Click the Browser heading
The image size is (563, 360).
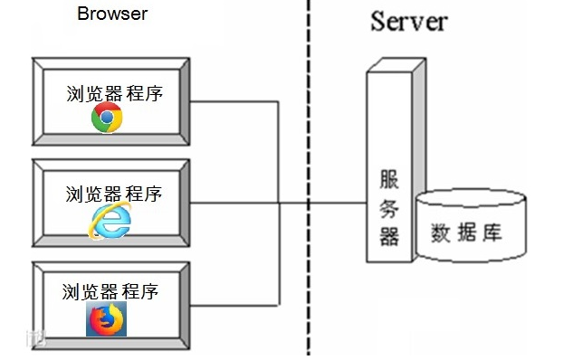(x=112, y=14)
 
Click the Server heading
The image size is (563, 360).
(x=408, y=21)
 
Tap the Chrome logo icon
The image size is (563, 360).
(x=107, y=118)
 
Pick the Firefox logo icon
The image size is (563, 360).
(x=107, y=319)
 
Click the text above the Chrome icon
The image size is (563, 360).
(x=115, y=92)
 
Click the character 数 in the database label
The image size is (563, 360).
(x=443, y=232)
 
